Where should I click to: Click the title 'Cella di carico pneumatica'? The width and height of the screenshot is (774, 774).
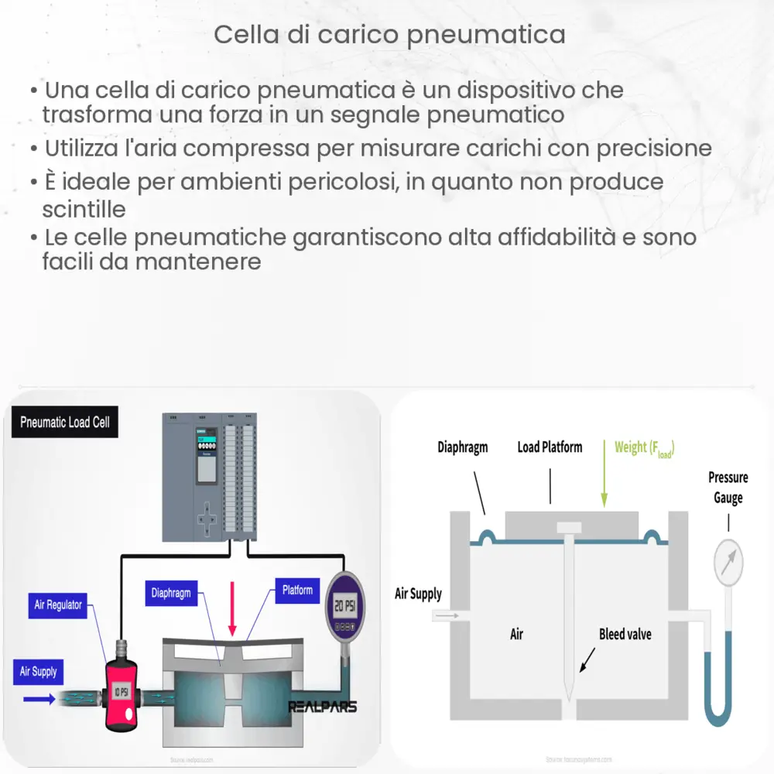tap(389, 35)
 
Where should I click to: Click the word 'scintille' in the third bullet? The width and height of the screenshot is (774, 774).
tap(84, 210)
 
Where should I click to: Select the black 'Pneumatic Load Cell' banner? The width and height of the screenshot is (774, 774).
tap(65, 423)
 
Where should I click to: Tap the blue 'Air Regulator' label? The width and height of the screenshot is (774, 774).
tap(58, 604)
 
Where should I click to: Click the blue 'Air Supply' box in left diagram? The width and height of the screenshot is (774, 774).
tap(38, 671)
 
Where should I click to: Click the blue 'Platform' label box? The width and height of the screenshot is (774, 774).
tap(297, 591)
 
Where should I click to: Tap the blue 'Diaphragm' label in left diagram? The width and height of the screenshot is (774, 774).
tap(171, 593)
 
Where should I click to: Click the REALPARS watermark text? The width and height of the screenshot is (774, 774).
tap(322, 707)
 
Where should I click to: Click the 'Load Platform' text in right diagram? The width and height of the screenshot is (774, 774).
tap(550, 447)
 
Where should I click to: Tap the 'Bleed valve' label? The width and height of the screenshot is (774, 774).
tap(625, 634)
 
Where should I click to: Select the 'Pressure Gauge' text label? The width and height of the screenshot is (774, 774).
tap(728, 487)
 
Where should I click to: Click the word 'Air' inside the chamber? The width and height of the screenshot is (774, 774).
tap(516, 634)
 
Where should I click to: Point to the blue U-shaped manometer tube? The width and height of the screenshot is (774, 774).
tap(715, 697)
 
